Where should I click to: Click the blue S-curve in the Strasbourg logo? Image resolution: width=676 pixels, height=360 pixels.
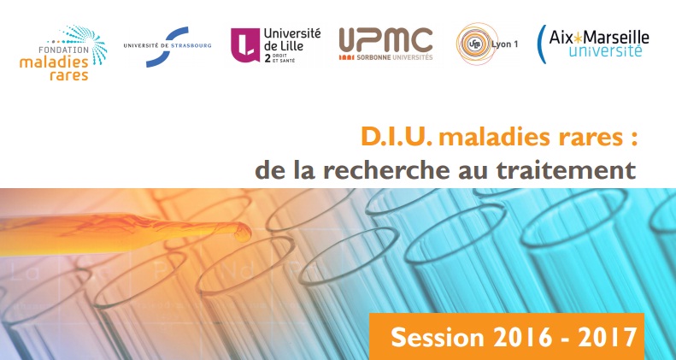[x=168, y=46]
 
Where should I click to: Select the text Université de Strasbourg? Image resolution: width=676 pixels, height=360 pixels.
[x=168, y=45]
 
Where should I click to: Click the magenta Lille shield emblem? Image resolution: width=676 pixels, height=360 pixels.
[x=245, y=44]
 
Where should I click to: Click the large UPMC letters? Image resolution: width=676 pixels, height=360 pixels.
[x=385, y=39]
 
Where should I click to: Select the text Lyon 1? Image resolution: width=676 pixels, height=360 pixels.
[x=504, y=44]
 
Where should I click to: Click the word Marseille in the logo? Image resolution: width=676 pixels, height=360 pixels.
[x=615, y=38]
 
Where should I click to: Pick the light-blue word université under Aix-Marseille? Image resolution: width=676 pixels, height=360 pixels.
[x=605, y=50]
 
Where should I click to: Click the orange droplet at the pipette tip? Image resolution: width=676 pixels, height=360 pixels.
[x=242, y=232]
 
